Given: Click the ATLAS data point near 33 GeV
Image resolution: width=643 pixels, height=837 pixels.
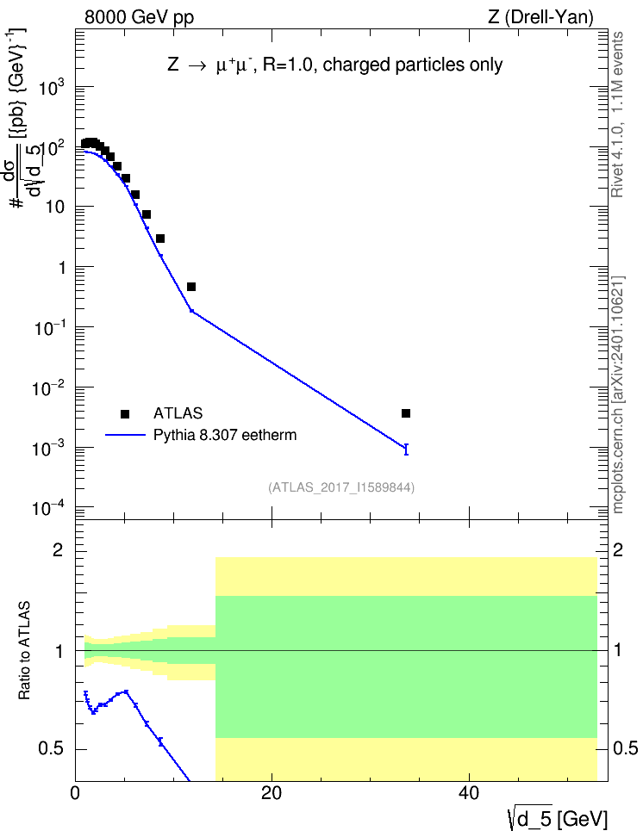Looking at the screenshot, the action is tap(406, 413).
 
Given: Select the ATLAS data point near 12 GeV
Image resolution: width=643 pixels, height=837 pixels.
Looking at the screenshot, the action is tap(191, 287).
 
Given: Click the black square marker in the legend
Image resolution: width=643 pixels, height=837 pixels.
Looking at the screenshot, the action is tap(125, 413).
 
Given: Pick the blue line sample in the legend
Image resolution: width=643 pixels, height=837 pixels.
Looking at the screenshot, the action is tap(125, 435).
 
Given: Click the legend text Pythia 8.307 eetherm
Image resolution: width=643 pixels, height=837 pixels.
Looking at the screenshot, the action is tap(224, 435).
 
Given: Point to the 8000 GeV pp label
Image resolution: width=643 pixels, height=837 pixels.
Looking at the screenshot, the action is tap(139, 17).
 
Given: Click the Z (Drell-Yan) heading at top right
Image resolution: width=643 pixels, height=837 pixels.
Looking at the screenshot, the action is tap(540, 17).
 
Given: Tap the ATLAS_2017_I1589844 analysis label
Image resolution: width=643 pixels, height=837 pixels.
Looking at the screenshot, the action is tap(341, 487).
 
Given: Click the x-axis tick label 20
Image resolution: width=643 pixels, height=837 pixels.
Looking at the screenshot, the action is tap(272, 793).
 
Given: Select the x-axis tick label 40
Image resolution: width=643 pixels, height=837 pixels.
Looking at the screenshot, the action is tap(469, 793).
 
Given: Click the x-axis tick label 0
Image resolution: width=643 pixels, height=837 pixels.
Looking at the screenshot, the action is tap(75, 793).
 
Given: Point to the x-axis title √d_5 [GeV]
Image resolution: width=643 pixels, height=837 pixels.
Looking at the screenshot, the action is tap(558, 818).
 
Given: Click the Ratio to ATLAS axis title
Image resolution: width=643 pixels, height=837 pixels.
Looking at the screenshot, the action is tap(24, 651).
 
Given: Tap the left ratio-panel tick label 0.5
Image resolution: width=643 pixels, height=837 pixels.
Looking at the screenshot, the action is tap(52, 748).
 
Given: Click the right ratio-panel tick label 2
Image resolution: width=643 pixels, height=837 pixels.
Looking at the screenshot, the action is tap(618, 549).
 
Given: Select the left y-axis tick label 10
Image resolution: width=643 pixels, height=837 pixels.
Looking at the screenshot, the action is tap(54, 207).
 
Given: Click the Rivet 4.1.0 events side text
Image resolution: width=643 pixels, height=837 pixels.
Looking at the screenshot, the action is tap(617, 115).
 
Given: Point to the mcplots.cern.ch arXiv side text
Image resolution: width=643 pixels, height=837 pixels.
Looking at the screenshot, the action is tap(618, 394).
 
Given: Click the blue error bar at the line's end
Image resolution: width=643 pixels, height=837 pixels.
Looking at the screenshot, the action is tap(406, 449).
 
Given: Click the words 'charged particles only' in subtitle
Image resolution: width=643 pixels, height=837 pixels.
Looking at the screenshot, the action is tap(413, 65).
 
